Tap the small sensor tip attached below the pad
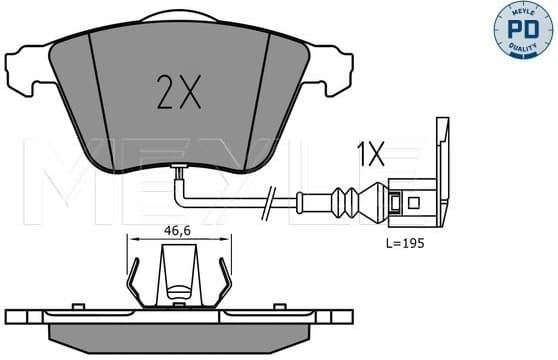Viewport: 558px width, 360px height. coord(177,169)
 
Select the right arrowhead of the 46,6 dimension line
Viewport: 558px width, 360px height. coord(228,240)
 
